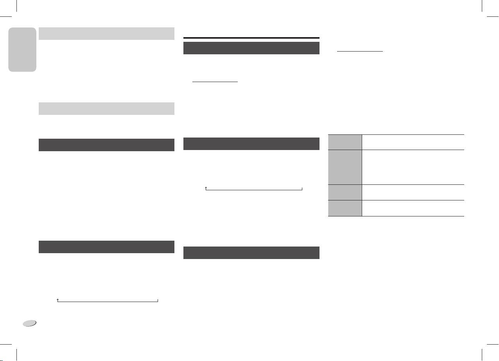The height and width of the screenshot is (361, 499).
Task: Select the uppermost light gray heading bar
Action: pos(106,34)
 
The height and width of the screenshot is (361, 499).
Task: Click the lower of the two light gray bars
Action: pos(106,109)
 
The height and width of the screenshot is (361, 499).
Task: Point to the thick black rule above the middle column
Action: pos(252,38)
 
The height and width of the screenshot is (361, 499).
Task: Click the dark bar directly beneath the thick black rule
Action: pos(252,48)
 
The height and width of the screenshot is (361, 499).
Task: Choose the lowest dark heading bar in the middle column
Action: pos(252,252)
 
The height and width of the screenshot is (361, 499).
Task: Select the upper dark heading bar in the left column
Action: pos(106,145)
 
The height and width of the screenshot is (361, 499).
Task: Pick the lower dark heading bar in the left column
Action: pos(106,247)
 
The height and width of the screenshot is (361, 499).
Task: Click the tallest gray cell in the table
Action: pos(345,167)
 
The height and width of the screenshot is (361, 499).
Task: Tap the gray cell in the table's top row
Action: pos(345,142)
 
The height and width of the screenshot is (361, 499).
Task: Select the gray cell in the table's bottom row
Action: pos(345,208)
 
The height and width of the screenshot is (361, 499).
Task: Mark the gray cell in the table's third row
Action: pos(345,192)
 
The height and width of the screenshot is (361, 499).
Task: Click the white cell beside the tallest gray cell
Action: pos(413,167)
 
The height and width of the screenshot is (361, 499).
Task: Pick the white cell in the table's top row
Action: pos(413,142)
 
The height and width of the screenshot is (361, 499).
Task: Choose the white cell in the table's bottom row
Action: pos(413,208)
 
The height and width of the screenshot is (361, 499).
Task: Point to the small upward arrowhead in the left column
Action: pos(57,300)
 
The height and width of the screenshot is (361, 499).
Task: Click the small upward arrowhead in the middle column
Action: pos(206,189)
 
